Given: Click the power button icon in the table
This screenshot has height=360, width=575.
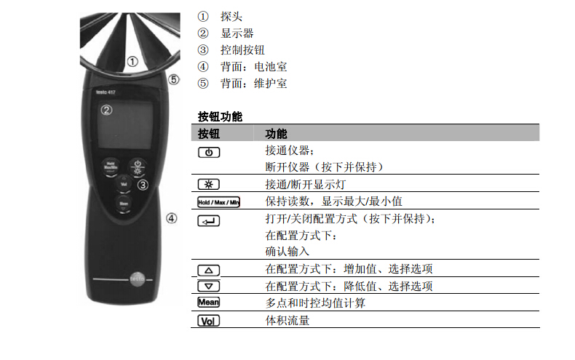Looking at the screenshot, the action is [209, 153].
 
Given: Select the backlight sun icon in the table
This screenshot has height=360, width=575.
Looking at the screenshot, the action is [209, 184].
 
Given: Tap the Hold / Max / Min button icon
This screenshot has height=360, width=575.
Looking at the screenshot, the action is [218, 202].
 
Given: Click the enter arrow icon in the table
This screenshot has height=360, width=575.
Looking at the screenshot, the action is [209, 221].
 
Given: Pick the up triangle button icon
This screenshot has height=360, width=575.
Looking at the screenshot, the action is [209, 271].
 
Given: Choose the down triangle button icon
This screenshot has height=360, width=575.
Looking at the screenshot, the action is [209, 287].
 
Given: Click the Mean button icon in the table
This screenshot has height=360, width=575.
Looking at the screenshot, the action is [209, 302].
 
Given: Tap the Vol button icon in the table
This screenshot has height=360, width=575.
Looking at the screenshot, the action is [209, 321].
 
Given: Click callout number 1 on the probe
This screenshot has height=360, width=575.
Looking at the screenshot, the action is [132, 62].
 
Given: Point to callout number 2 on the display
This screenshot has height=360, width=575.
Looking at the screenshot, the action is [107, 110].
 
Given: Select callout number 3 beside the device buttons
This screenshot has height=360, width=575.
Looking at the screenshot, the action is [143, 185].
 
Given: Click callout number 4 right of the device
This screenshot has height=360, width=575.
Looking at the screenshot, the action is [172, 218].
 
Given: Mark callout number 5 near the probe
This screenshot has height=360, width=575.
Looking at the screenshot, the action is [173, 79].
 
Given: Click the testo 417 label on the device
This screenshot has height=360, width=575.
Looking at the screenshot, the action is [106, 92].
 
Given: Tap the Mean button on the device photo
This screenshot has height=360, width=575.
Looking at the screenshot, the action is [124, 204].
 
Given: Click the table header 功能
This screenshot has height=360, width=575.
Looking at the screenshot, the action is [276, 134].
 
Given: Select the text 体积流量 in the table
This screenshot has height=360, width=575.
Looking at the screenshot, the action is [287, 321].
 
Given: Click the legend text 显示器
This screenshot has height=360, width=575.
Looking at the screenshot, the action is [237, 33].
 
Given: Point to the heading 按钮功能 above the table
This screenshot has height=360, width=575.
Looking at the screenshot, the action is [220, 116].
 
